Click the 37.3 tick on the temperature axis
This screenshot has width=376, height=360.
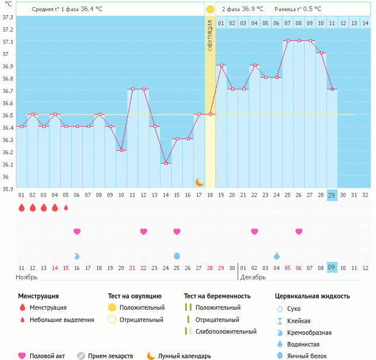click(x=7, y=17)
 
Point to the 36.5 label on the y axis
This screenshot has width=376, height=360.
click(x=7, y=115)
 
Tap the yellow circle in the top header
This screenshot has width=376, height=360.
click(x=210, y=9)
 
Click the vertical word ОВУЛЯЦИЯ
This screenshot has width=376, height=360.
click(x=210, y=36)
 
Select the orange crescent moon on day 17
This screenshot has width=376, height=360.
click(x=200, y=182)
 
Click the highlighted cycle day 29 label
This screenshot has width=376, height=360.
click(x=332, y=195)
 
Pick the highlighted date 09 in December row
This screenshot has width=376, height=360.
click(x=332, y=267)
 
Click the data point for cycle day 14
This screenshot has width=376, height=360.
click(x=166, y=163)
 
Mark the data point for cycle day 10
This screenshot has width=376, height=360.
click(x=121, y=151)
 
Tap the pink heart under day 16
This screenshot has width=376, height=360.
click(x=76, y=231)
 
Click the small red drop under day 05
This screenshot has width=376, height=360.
click(x=66, y=207)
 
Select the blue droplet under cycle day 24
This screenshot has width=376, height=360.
click(x=277, y=255)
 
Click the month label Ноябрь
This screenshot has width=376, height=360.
click(x=27, y=277)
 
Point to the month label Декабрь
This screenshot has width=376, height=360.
click(x=253, y=277)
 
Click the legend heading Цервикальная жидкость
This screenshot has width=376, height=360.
click(x=312, y=296)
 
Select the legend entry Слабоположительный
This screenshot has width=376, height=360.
click(x=225, y=331)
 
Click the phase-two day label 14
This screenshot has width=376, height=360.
click(x=365, y=23)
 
